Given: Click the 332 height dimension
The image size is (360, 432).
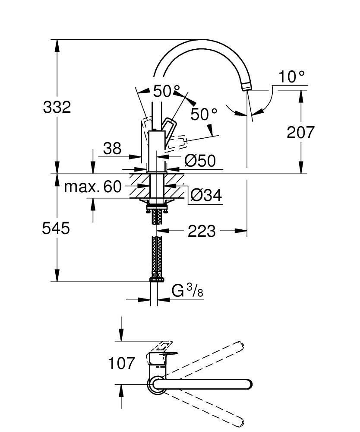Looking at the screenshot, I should pos(57,107).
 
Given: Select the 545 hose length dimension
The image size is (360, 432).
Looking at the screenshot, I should pos(56,228).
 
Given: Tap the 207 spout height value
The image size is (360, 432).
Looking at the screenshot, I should pos(301,132).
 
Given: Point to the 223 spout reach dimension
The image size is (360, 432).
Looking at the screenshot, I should pos(201,232).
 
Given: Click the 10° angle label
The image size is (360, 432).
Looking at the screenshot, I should pos(291,77).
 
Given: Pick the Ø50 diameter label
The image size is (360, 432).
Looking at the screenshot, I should pos(199,161).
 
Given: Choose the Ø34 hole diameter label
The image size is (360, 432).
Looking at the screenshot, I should pos(206,196).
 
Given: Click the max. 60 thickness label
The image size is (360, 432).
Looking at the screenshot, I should pos(93,187).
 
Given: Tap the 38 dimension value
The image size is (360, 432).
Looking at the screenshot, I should pos(112,149).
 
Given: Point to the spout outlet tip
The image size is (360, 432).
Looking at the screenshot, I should pos(246,88).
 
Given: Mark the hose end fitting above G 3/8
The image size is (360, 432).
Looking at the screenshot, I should pos(157,279).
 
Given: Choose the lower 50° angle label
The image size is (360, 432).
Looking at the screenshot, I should pos(204,114).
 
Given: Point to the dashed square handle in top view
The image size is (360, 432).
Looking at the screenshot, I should pos(163,346).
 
